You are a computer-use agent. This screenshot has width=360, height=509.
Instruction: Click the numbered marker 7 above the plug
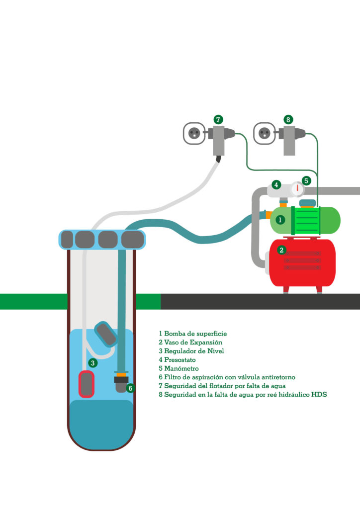tap(218, 119)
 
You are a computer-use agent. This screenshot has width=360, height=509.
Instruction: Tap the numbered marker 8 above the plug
tap(288, 119)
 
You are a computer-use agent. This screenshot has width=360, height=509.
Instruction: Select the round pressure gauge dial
tap(297, 189)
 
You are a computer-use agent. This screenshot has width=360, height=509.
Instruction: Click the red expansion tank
tap(302, 262)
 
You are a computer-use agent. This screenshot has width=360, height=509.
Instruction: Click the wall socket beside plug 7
tap(194, 134)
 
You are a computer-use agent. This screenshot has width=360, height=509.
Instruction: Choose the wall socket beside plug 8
tap(265, 134)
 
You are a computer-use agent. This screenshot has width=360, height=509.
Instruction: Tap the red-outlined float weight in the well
tap(87, 384)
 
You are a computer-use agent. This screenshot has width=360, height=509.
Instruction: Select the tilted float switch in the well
tap(106, 333)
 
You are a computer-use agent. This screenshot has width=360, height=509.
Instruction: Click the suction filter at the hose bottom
tap(121, 384)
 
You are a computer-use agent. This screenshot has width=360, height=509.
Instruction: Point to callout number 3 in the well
tap(93, 363)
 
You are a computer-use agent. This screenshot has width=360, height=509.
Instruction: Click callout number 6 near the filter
tap(130, 388)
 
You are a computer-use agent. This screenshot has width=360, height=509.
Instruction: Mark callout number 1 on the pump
tap(280, 219)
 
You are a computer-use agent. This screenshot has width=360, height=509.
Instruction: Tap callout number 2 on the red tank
tap(282, 250)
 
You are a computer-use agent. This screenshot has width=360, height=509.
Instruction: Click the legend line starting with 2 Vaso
tap(190, 342)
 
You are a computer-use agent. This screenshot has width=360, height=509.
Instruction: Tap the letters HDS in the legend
tap(318, 395)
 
